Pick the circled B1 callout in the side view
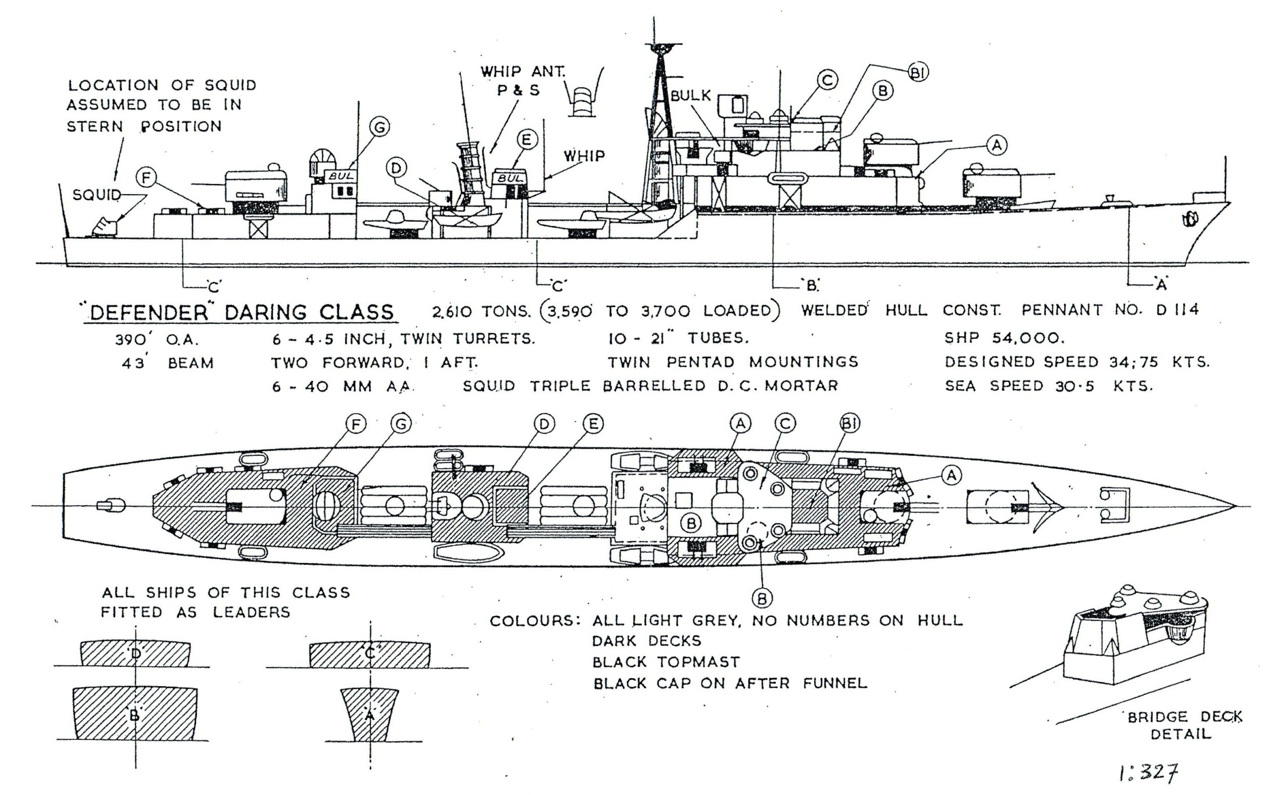point(918,73)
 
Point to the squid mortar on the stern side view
point(106,226)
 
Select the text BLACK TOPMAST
point(666,661)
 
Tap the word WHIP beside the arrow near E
point(584,155)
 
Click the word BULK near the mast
point(691,96)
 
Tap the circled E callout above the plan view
point(593,423)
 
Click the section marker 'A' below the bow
point(1161,285)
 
